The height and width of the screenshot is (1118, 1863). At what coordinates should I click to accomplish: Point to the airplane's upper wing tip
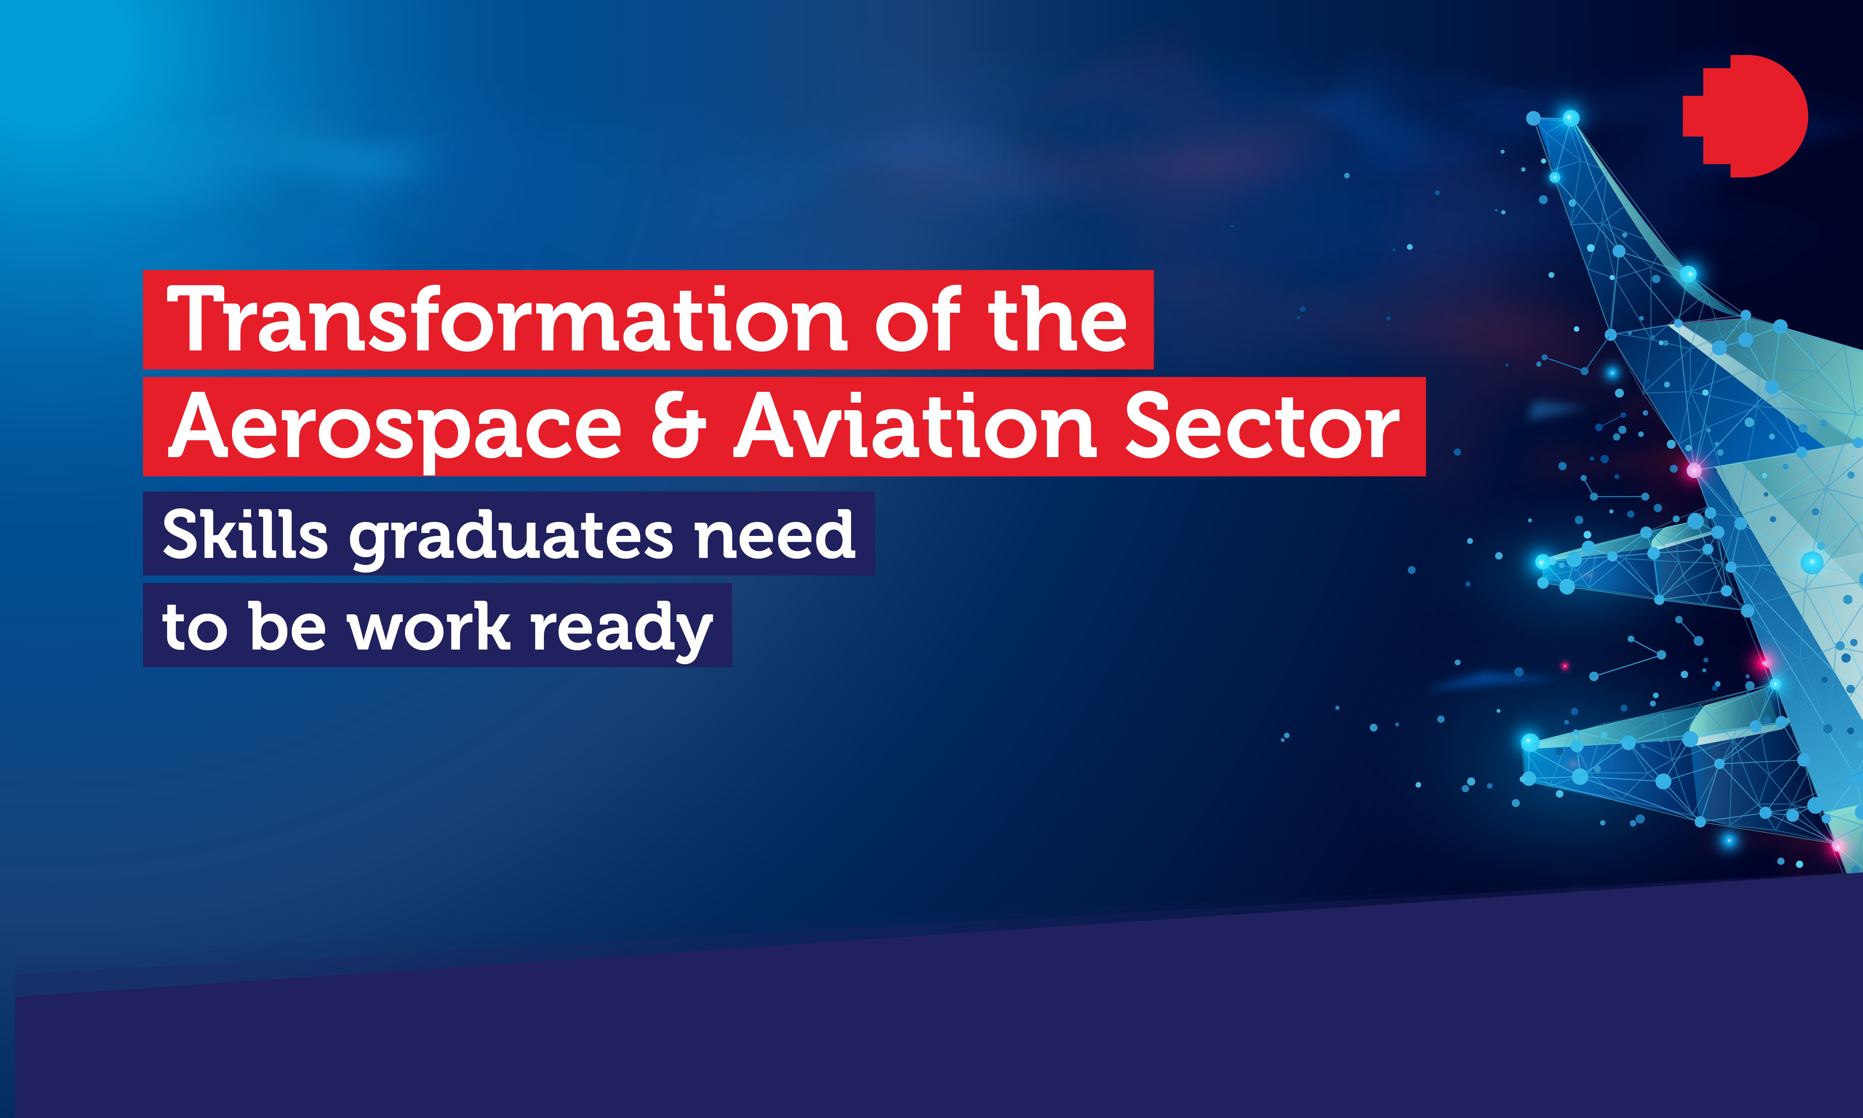tap(1542, 562)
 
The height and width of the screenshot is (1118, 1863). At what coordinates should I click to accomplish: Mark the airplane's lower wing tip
tap(1529, 742)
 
